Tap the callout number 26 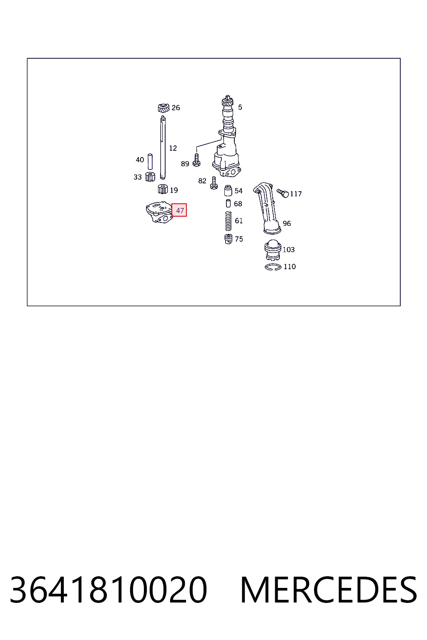(x=176, y=108)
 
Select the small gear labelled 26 (x=163, y=108)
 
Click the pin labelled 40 (x=150, y=162)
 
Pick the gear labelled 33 (x=150, y=177)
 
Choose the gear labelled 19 (x=163, y=189)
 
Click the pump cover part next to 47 (x=159, y=212)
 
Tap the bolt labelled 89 (x=196, y=160)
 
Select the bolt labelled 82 (x=213, y=183)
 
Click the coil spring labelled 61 (x=228, y=221)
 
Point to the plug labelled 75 (x=228, y=239)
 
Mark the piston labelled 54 (x=228, y=190)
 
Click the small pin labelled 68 (x=228, y=203)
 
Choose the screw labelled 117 (x=283, y=193)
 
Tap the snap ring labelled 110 (x=273, y=267)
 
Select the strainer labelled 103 (x=273, y=250)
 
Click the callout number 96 (x=287, y=223)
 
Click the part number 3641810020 (x=108, y=590)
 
